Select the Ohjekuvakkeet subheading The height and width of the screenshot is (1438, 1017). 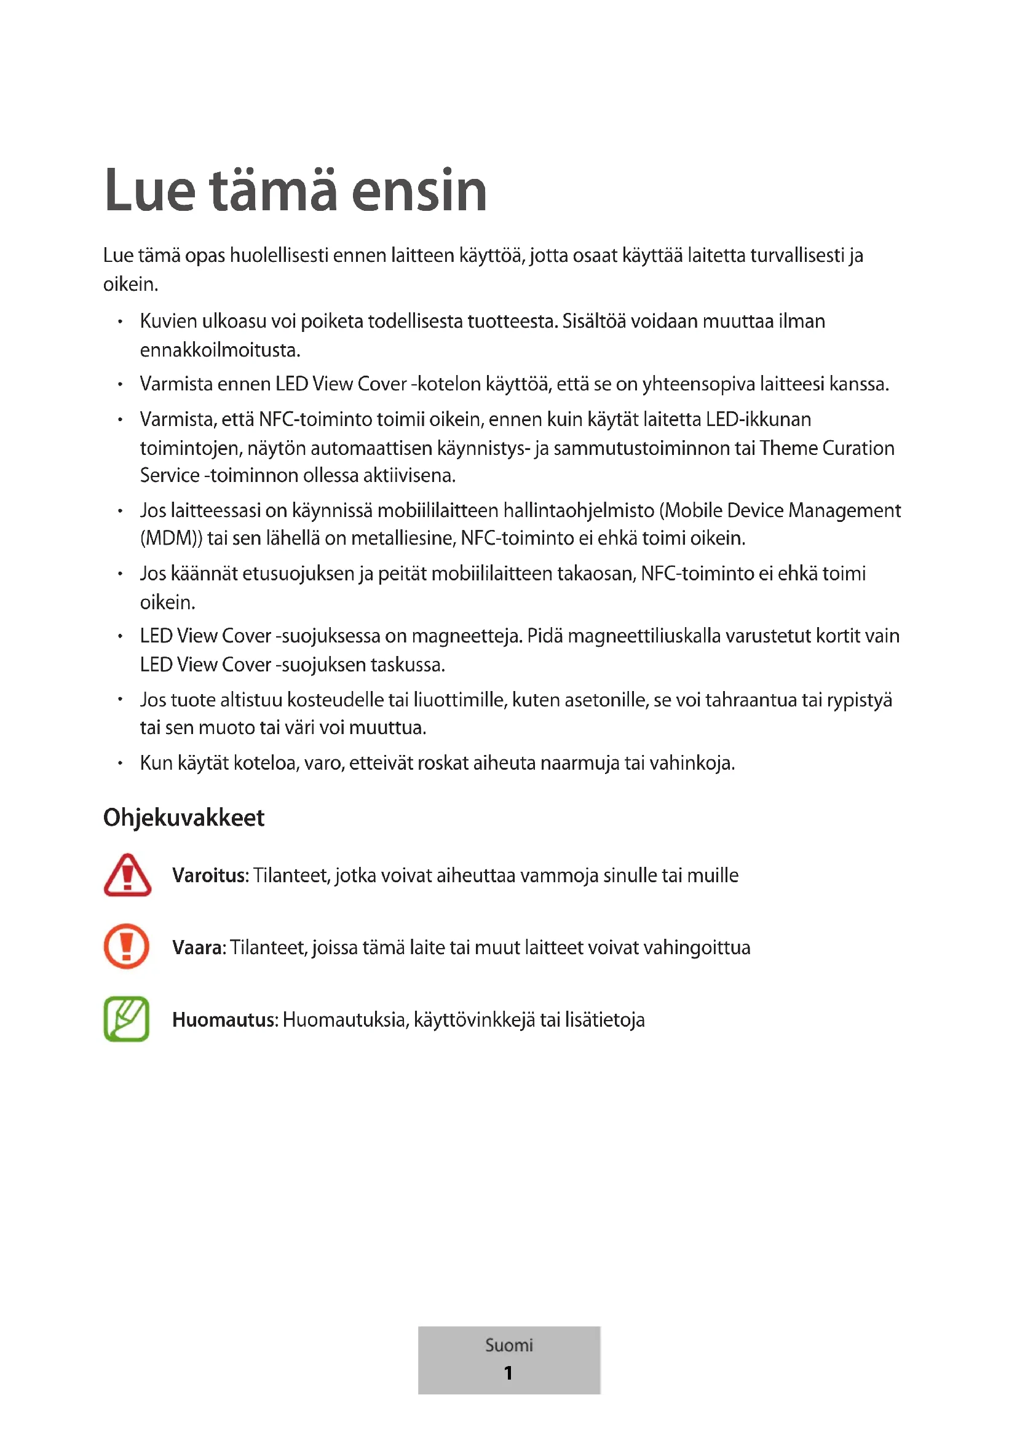(x=183, y=817)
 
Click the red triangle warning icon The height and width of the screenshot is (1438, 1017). (x=127, y=875)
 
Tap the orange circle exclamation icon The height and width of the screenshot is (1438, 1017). (x=127, y=946)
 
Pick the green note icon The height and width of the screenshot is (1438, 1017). (x=127, y=1019)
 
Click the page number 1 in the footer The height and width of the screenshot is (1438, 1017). (x=509, y=1373)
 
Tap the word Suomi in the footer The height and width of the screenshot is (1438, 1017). (x=509, y=1345)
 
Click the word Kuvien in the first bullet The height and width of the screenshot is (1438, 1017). (x=168, y=322)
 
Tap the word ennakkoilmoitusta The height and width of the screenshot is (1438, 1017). (x=220, y=349)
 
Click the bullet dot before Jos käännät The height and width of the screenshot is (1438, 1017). (x=120, y=574)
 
